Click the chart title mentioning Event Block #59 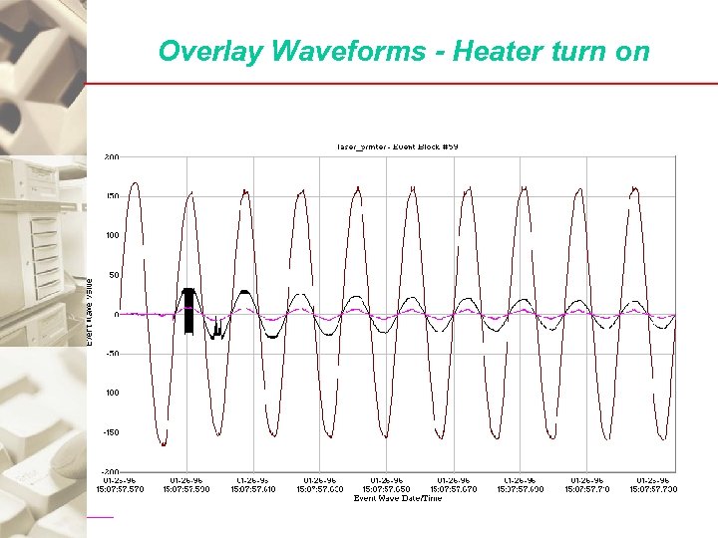coord(396,146)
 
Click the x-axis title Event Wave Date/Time coord(397,498)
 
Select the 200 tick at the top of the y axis coord(111,156)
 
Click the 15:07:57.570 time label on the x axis coord(120,489)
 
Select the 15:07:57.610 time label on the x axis coord(254,489)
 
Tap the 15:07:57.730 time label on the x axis coord(653,489)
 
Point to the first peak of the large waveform coord(136,183)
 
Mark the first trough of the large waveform coord(164,443)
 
